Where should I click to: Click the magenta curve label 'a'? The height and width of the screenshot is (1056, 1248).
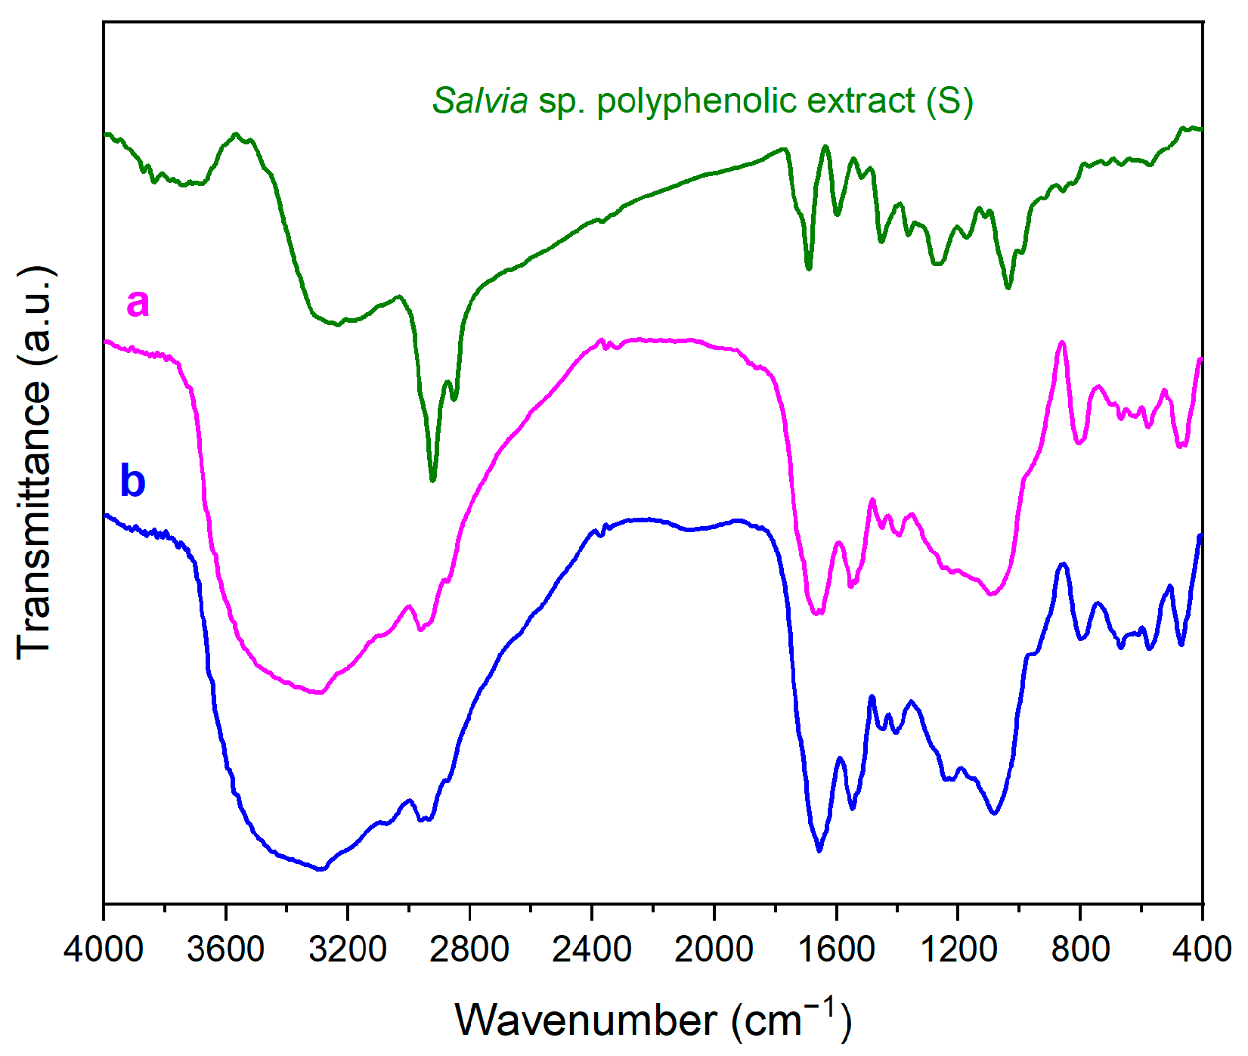(138, 303)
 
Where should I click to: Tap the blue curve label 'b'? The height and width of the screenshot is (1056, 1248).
(133, 481)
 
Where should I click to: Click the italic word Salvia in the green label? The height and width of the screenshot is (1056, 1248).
(479, 101)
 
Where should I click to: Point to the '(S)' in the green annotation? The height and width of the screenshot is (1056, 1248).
(950, 101)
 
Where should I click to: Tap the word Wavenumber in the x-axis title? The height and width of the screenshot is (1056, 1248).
(586, 1020)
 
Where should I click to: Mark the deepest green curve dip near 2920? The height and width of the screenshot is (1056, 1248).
(432, 479)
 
